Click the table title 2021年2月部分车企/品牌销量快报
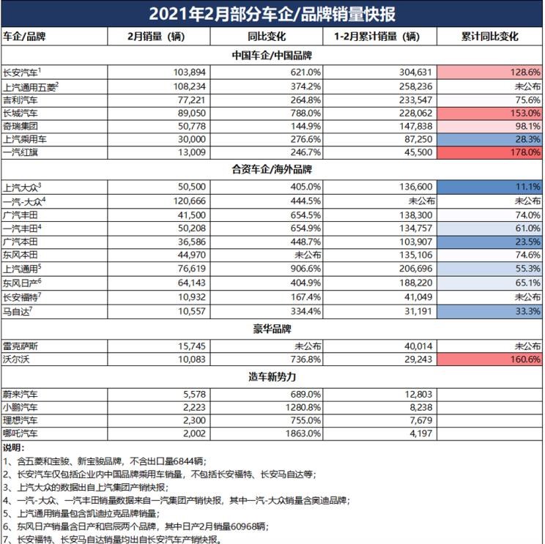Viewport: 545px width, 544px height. pos(272,14)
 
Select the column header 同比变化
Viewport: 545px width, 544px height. pos(272,37)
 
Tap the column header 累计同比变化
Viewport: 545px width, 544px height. pos(490,37)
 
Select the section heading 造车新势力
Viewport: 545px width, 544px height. pos(272,378)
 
